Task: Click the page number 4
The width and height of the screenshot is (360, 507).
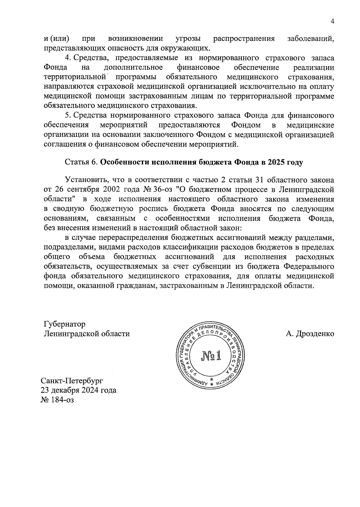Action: pos(332,21)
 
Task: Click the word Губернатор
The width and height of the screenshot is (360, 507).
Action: pos(64,324)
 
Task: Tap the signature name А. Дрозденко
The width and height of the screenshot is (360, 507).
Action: pos(310,334)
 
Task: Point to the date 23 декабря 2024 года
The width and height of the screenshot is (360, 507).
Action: pos(79,390)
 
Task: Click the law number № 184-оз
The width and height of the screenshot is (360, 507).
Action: pos(57,400)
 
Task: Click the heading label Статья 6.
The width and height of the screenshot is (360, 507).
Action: pos(81,162)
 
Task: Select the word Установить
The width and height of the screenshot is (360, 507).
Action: pos(87,180)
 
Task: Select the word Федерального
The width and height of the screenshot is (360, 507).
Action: pos(309,267)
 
